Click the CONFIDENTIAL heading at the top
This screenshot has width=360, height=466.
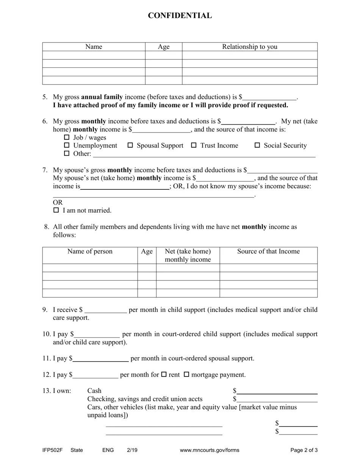point(180,16)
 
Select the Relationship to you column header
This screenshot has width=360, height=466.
point(249,47)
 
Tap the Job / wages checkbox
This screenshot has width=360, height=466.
point(67,137)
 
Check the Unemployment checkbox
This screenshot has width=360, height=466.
point(67,145)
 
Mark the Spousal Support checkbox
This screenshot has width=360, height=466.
point(130,145)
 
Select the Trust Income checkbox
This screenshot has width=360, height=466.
point(194,145)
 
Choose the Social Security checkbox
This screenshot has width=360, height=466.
point(257,145)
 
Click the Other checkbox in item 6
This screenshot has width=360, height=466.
point(67,153)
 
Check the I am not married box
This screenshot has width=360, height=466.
point(56,210)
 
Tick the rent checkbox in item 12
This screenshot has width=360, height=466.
point(164,374)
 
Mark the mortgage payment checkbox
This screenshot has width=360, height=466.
point(186,374)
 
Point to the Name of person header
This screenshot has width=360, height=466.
point(90,251)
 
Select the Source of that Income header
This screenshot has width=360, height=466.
point(268,251)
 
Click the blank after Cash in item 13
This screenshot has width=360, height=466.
point(277,391)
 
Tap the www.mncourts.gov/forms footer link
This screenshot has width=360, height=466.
point(210,450)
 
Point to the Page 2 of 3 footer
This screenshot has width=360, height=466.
point(304,450)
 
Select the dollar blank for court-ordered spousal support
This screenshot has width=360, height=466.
point(100,358)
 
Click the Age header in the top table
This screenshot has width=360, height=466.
point(164,47)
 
